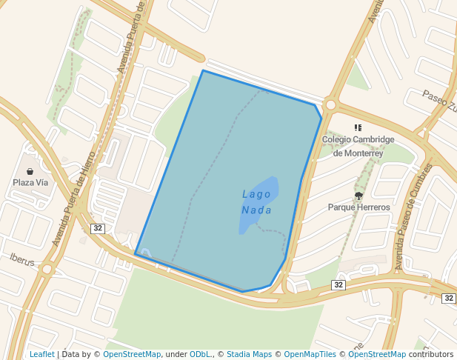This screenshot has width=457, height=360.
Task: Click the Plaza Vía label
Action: pos(30,182)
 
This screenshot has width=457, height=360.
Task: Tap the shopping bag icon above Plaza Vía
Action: pos(30,171)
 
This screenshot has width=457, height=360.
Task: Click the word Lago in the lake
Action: pos(256,194)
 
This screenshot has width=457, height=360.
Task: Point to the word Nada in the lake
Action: pos(256,210)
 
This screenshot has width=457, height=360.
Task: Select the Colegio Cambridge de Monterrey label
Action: pos(358,146)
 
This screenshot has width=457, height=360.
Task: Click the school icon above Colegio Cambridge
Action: pos(358,128)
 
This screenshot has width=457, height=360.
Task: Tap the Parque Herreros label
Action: pos(358,207)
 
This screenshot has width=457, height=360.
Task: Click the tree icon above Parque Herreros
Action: pos(358,196)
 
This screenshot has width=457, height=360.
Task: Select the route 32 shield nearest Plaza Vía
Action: pos(97,227)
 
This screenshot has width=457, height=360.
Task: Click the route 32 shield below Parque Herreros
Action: pos(338,284)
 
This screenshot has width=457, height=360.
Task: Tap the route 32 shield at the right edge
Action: pos(448,298)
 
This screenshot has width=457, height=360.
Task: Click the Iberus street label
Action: pos(22,259)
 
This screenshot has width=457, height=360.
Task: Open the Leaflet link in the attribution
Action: pos(41,354)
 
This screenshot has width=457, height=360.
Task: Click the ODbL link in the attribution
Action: pos(200,354)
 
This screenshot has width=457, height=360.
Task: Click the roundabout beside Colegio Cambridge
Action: pos(330,105)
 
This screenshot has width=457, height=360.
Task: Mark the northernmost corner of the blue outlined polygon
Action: pos(203,71)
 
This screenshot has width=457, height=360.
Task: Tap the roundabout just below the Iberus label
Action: pos(46,269)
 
